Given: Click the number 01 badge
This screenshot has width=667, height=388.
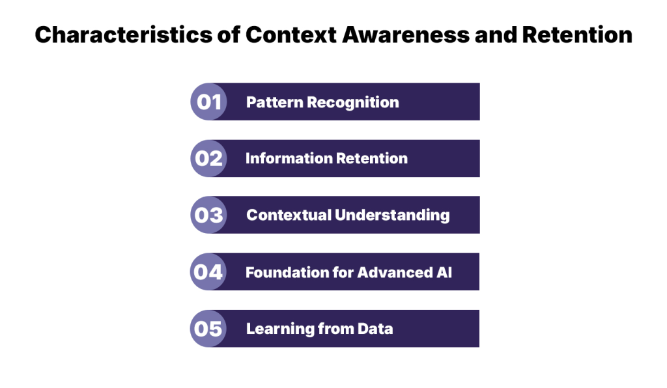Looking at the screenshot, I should [208, 102].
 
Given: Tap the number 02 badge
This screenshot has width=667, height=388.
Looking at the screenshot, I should [208, 159].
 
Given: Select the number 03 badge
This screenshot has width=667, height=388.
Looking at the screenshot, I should [208, 215].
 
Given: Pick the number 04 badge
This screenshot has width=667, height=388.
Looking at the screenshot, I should [208, 272].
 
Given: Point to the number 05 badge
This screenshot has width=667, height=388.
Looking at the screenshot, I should [208, 329].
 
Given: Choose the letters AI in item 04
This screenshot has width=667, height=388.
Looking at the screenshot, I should [443, 272].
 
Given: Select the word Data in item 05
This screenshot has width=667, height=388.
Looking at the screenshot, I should [375, 329].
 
